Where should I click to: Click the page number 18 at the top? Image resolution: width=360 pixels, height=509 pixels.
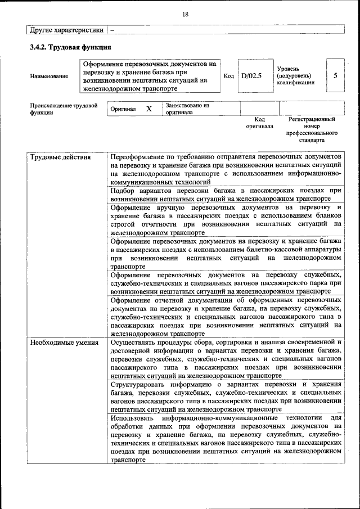(184, 15)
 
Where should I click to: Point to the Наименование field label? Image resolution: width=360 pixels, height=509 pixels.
(49, 76)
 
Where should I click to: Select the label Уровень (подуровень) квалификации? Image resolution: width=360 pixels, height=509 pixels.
(296, 75)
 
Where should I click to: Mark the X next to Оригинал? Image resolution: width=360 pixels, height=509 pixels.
(149, 109)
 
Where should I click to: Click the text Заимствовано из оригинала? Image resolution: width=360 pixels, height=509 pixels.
(187, 109)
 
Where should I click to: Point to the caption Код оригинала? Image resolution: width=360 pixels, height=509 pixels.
(259, 123)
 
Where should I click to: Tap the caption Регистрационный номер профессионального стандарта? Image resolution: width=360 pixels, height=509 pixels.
(312, 130)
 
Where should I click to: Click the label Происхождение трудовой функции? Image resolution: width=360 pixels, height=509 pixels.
(64, 109)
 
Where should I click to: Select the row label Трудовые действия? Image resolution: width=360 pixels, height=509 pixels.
(60, 157)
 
